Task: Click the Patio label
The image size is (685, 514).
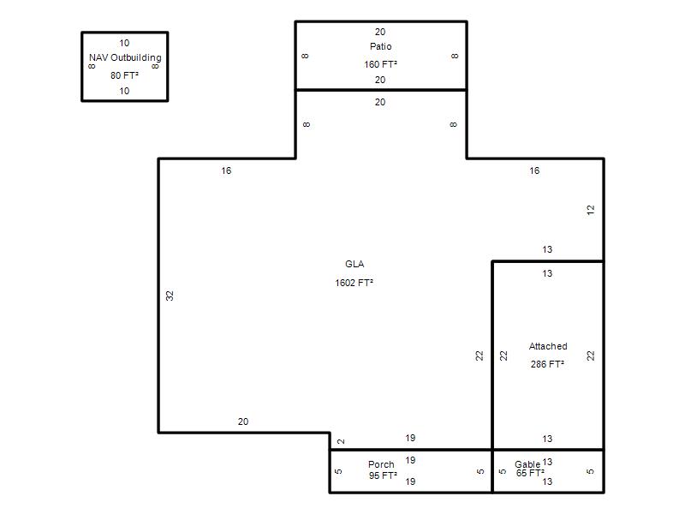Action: [380, 46]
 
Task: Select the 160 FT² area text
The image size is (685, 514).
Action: [380, 64]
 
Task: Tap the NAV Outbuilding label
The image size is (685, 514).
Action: [125, 57]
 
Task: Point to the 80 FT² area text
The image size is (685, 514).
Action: [124, 75]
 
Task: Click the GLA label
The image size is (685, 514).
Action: [354, 264]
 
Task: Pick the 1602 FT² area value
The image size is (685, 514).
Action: [354, 283]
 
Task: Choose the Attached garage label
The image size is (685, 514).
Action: [548, 346]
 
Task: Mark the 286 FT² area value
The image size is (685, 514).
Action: [547, 364]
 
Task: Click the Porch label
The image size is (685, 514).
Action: [381, 464]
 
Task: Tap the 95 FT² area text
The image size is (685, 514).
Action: [383, 475]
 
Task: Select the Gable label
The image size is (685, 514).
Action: [527, 464]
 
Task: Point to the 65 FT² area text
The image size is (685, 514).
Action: [530, 473]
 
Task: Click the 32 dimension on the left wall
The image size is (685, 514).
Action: [170, 296]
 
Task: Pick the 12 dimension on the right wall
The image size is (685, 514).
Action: [591, 210]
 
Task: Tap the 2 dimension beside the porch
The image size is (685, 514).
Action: [341, 441]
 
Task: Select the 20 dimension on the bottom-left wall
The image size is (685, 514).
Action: [243, 421]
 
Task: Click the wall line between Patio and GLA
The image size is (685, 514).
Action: [381, 90]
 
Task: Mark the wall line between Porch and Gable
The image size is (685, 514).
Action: [492, 470]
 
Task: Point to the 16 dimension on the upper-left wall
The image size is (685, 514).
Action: [226, 170]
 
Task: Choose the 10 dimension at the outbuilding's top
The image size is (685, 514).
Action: [124, 43]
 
